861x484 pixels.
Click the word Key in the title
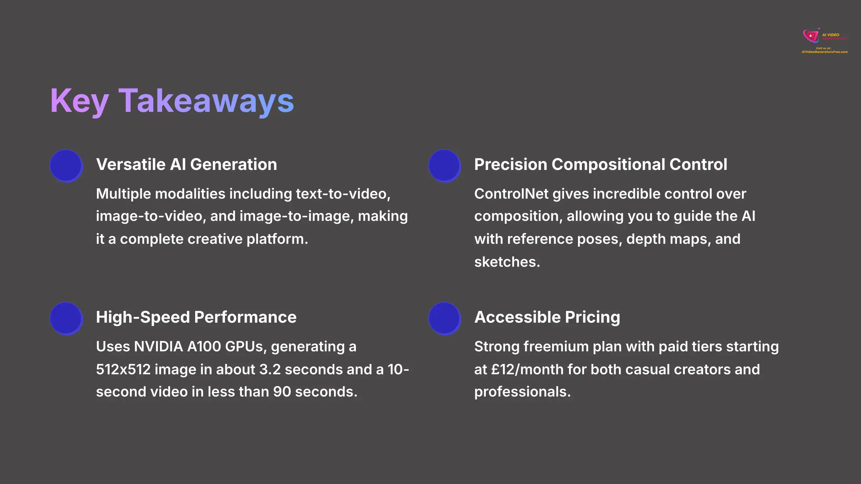[x=79, y=101]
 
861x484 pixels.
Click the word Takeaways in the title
[x=206, y=101]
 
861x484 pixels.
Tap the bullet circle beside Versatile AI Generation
[x=66, y=166]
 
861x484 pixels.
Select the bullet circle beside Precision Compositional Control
[x=444, y=166]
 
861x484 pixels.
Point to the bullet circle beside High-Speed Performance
[x=66, y=318]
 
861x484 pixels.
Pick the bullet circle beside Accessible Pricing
[x=444, y=318]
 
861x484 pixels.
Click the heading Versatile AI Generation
[x=187, y=165]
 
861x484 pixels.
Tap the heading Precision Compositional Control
[x=601, y=165]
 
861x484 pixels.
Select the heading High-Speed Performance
[x=196, y=317]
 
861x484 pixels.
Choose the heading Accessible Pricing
[x=547, y=317]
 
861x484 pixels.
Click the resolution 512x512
[x=123, y=370]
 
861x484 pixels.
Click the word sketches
[x=507, y=262]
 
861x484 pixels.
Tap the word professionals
[x=522, y=392]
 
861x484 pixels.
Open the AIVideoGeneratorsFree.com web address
[x=824, y=52]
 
